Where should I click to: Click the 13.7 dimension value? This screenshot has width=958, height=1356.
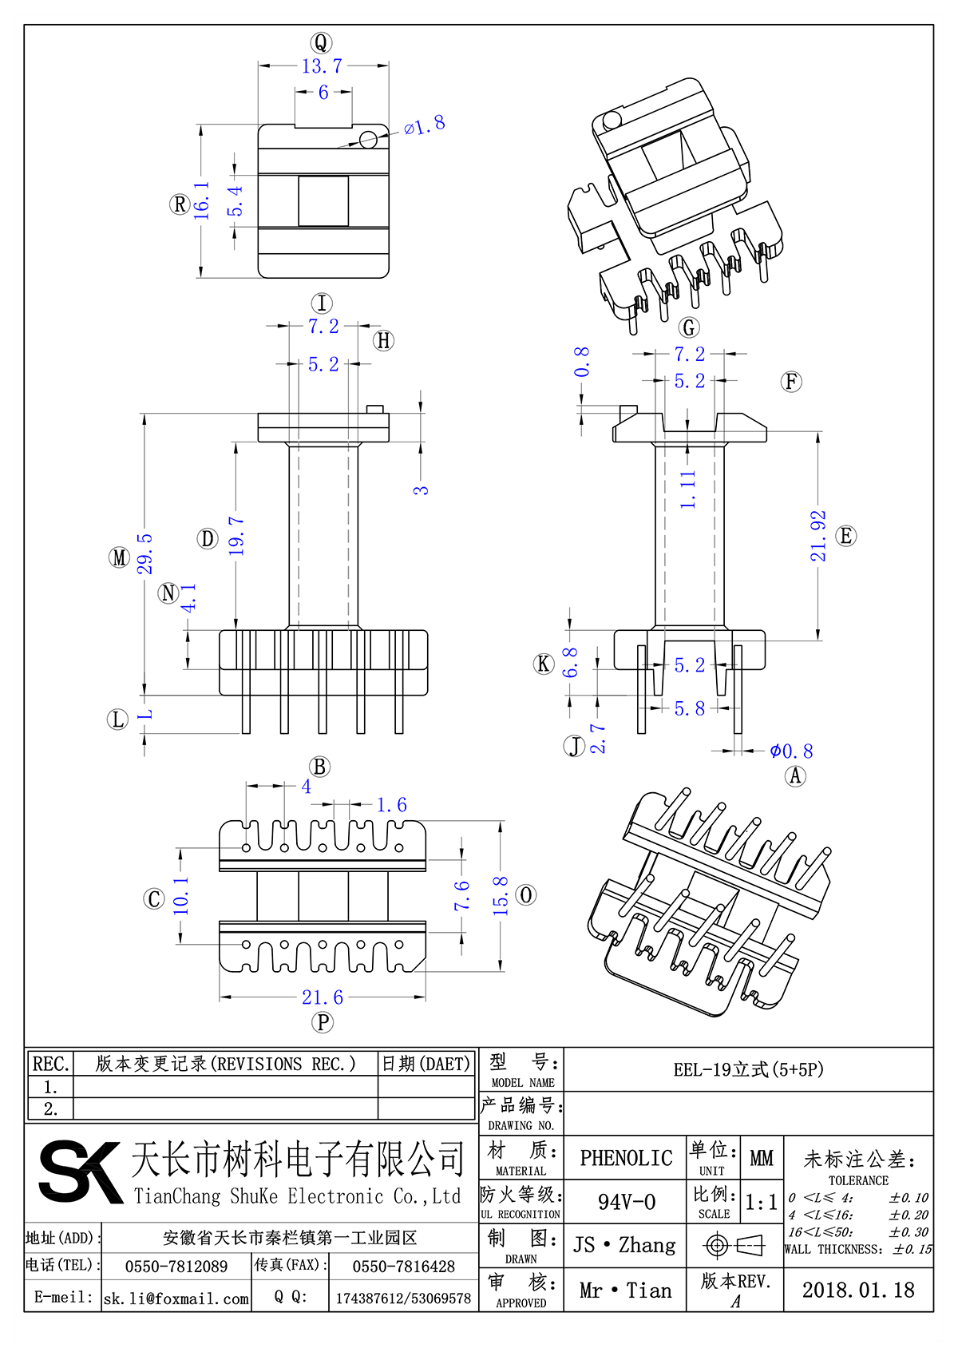(x=322, y=66)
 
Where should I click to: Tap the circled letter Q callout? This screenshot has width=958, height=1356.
(x=321, y=42)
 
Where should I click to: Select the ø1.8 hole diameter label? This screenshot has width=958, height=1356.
(x=424, y=125)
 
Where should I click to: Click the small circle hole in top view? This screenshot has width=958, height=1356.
(x=368, y=140)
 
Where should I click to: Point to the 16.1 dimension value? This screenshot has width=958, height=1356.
(x=202, y=200)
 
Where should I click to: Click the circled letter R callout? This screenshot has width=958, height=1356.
(x=180, y=204)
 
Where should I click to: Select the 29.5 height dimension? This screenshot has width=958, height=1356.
(x=144, y=553)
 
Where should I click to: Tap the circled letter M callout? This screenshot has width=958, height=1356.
(x=119, y=557)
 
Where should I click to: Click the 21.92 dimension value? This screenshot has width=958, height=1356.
(x=818, y=536)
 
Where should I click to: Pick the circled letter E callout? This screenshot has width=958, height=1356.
(x=845, y=536)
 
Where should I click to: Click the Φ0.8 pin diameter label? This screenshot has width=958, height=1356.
(x=790, y=751)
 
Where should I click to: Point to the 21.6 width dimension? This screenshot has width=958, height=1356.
(x=323, y=997)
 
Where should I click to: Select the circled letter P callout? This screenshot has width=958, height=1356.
(x=323, y=1021)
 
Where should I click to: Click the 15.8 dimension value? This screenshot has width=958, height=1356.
(x=501, y=895)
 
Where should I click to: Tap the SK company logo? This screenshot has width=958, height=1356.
(x=80, y=1172)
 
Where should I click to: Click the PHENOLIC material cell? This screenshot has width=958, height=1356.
(x=626, y=1158)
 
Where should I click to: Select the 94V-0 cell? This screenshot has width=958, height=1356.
(x=626, y=1202)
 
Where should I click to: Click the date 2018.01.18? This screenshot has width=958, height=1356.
(x=858, y=1291)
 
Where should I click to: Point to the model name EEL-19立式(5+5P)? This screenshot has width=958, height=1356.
(x=748, y=1069)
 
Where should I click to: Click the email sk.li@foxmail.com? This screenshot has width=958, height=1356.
(x=176, y=1299)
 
